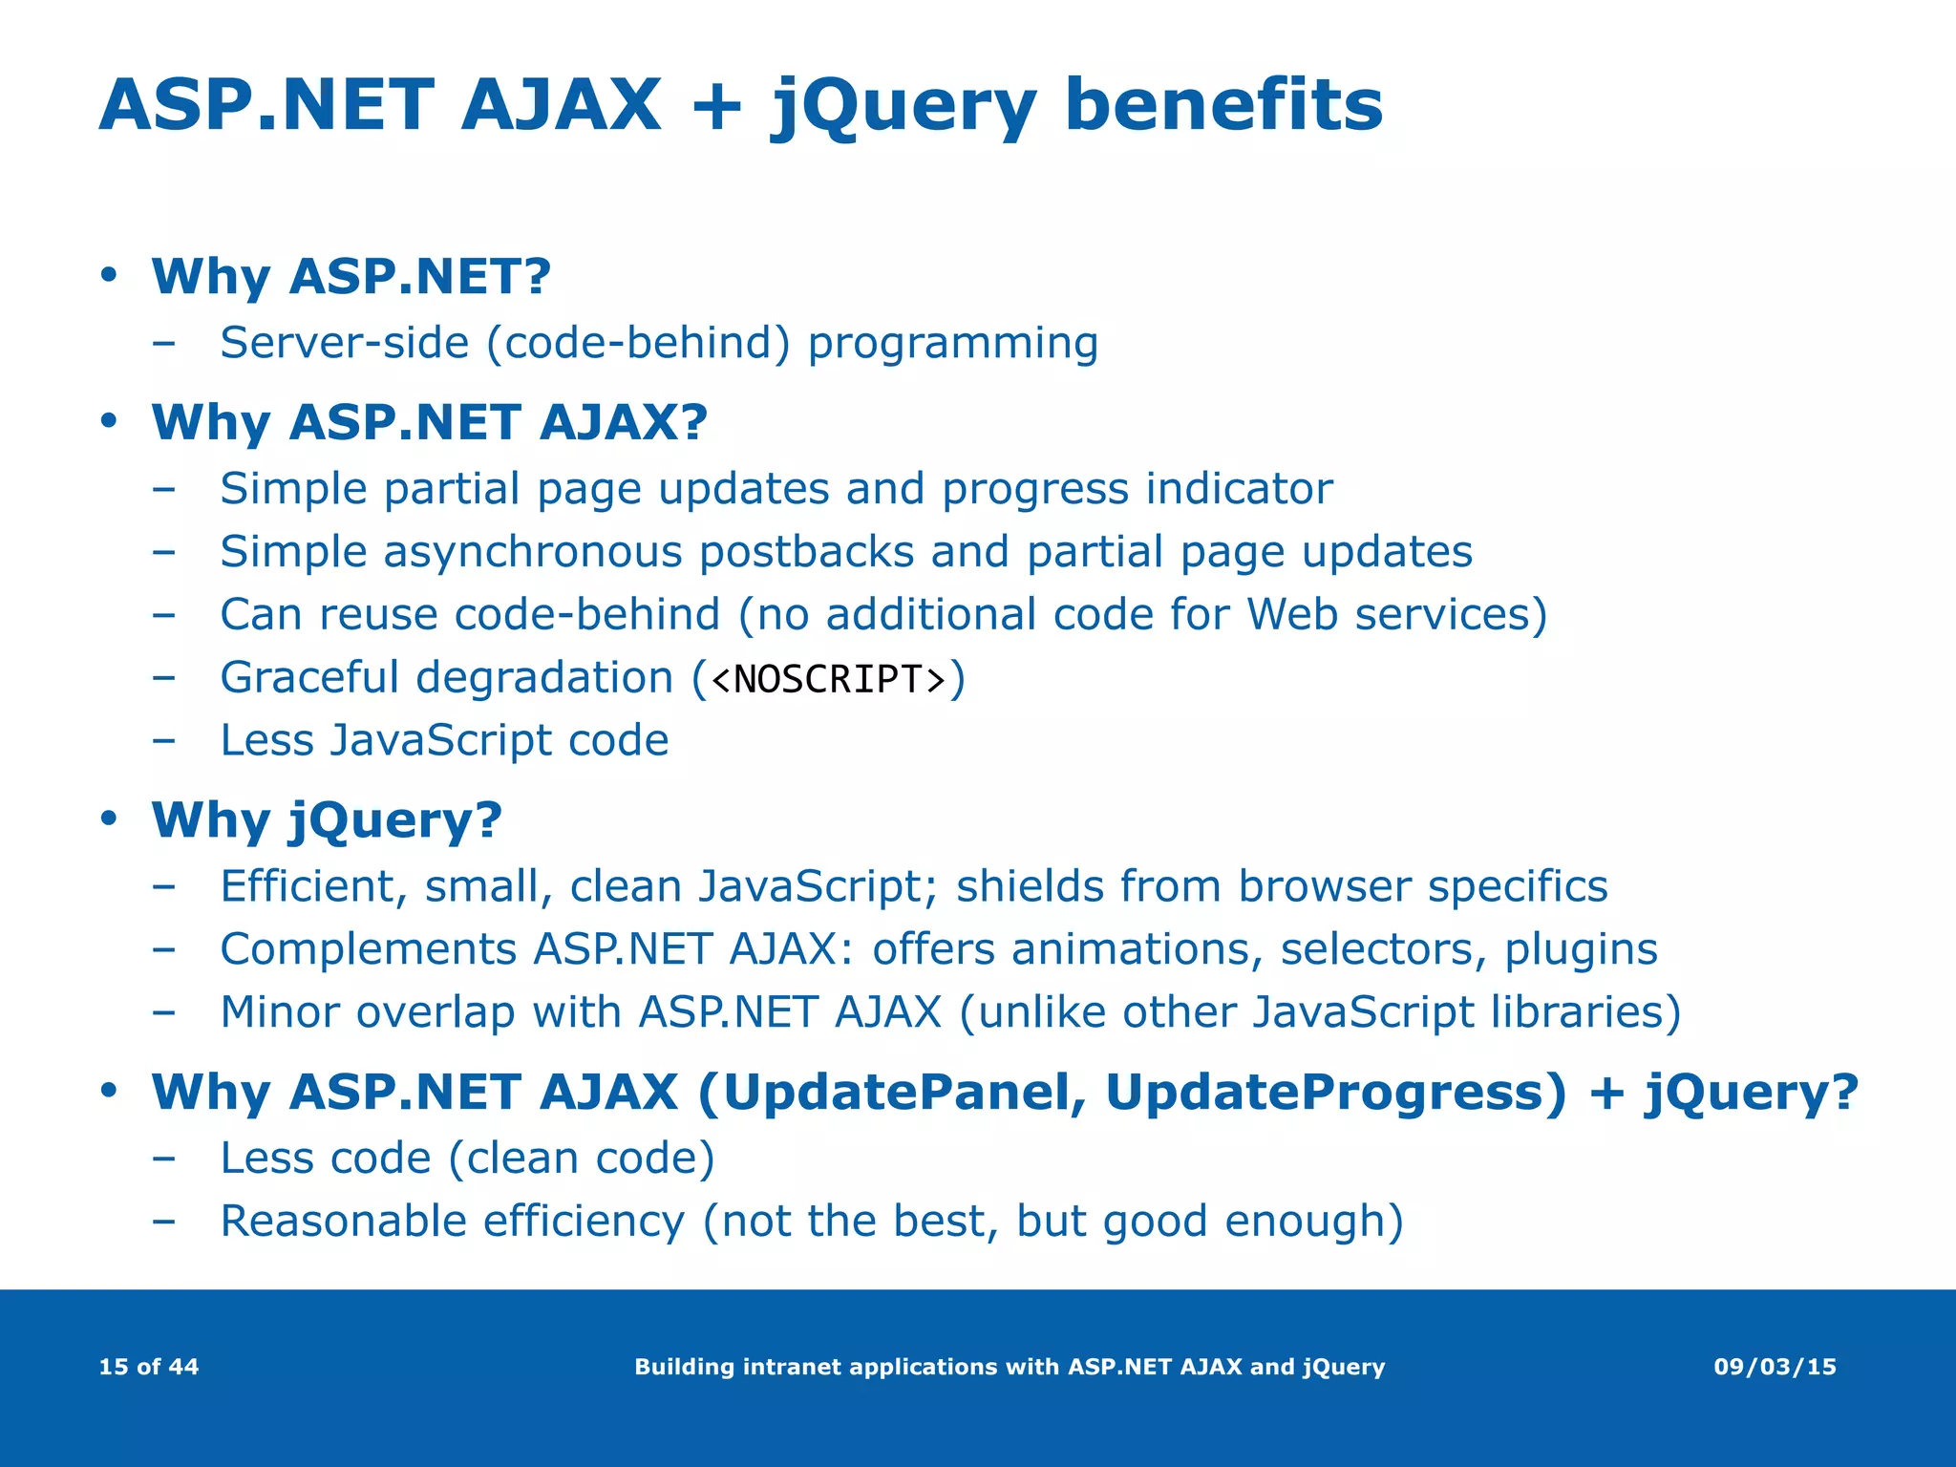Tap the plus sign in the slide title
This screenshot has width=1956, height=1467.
point(716,105)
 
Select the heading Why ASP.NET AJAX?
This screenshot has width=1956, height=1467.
point(429,422)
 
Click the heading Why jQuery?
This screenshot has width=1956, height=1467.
point(327,819)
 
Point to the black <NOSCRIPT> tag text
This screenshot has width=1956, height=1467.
point(829,678)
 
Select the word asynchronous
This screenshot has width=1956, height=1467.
point(532,552)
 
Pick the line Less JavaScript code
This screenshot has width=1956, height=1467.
point(444,740)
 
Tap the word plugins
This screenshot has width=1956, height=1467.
point(1581,950)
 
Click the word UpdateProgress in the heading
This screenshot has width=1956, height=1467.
point(1334,1092)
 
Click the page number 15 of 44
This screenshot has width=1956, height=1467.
point(148,1367)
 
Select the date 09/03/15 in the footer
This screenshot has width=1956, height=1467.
point(1775,1367)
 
